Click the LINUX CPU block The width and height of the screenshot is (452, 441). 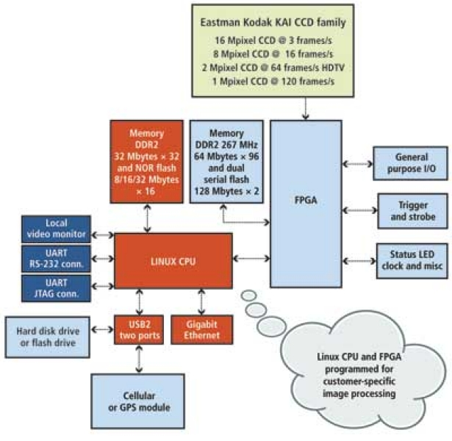coord(173,259)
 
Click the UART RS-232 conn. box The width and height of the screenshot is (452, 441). coord(56,257)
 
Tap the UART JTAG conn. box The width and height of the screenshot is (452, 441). coord(56,287)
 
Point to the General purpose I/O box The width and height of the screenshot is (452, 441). coord(411,162)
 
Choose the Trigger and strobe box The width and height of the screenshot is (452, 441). coord(411,211)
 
